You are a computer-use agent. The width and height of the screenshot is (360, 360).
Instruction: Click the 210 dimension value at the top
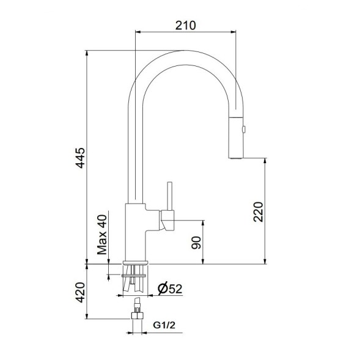click(185, 25)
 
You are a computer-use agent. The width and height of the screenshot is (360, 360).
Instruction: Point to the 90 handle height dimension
click(196, 243)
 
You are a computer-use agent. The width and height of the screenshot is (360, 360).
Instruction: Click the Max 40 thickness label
click(102, 234)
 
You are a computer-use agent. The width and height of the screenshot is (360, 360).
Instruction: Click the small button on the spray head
click(244, 129)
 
